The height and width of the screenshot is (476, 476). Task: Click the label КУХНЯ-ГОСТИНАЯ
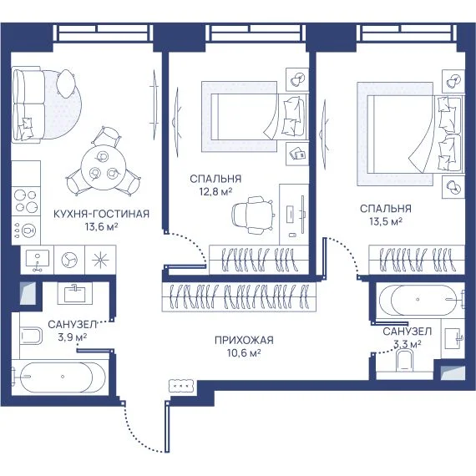click(x=101, y=214)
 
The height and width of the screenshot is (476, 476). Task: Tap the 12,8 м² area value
click(x=215, y=192)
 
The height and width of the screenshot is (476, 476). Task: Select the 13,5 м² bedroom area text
click(x=386, y=221)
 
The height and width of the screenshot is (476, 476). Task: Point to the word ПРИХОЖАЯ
click(x=244, y=341)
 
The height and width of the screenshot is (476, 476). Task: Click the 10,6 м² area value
click(x=244, y=353)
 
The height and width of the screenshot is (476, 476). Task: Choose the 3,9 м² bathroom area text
click(x=73, y=337)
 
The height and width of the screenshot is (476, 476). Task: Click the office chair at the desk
click(x=252, y=215)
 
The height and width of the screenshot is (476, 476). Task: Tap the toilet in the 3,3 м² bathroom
click(x=405, y=360)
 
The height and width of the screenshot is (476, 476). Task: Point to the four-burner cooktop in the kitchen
click(x=26, y=201)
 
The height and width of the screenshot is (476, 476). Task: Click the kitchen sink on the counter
click(x=37, y=260)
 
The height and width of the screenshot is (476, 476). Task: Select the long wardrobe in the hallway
click(x=239, y=297)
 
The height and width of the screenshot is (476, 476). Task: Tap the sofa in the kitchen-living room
click(x=27, y=104)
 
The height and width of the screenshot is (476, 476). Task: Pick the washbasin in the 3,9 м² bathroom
click(x=74, y=293)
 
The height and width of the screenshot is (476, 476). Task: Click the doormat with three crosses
click(x=181, y=386)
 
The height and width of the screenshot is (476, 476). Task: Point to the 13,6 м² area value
click(x=101, y=227)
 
